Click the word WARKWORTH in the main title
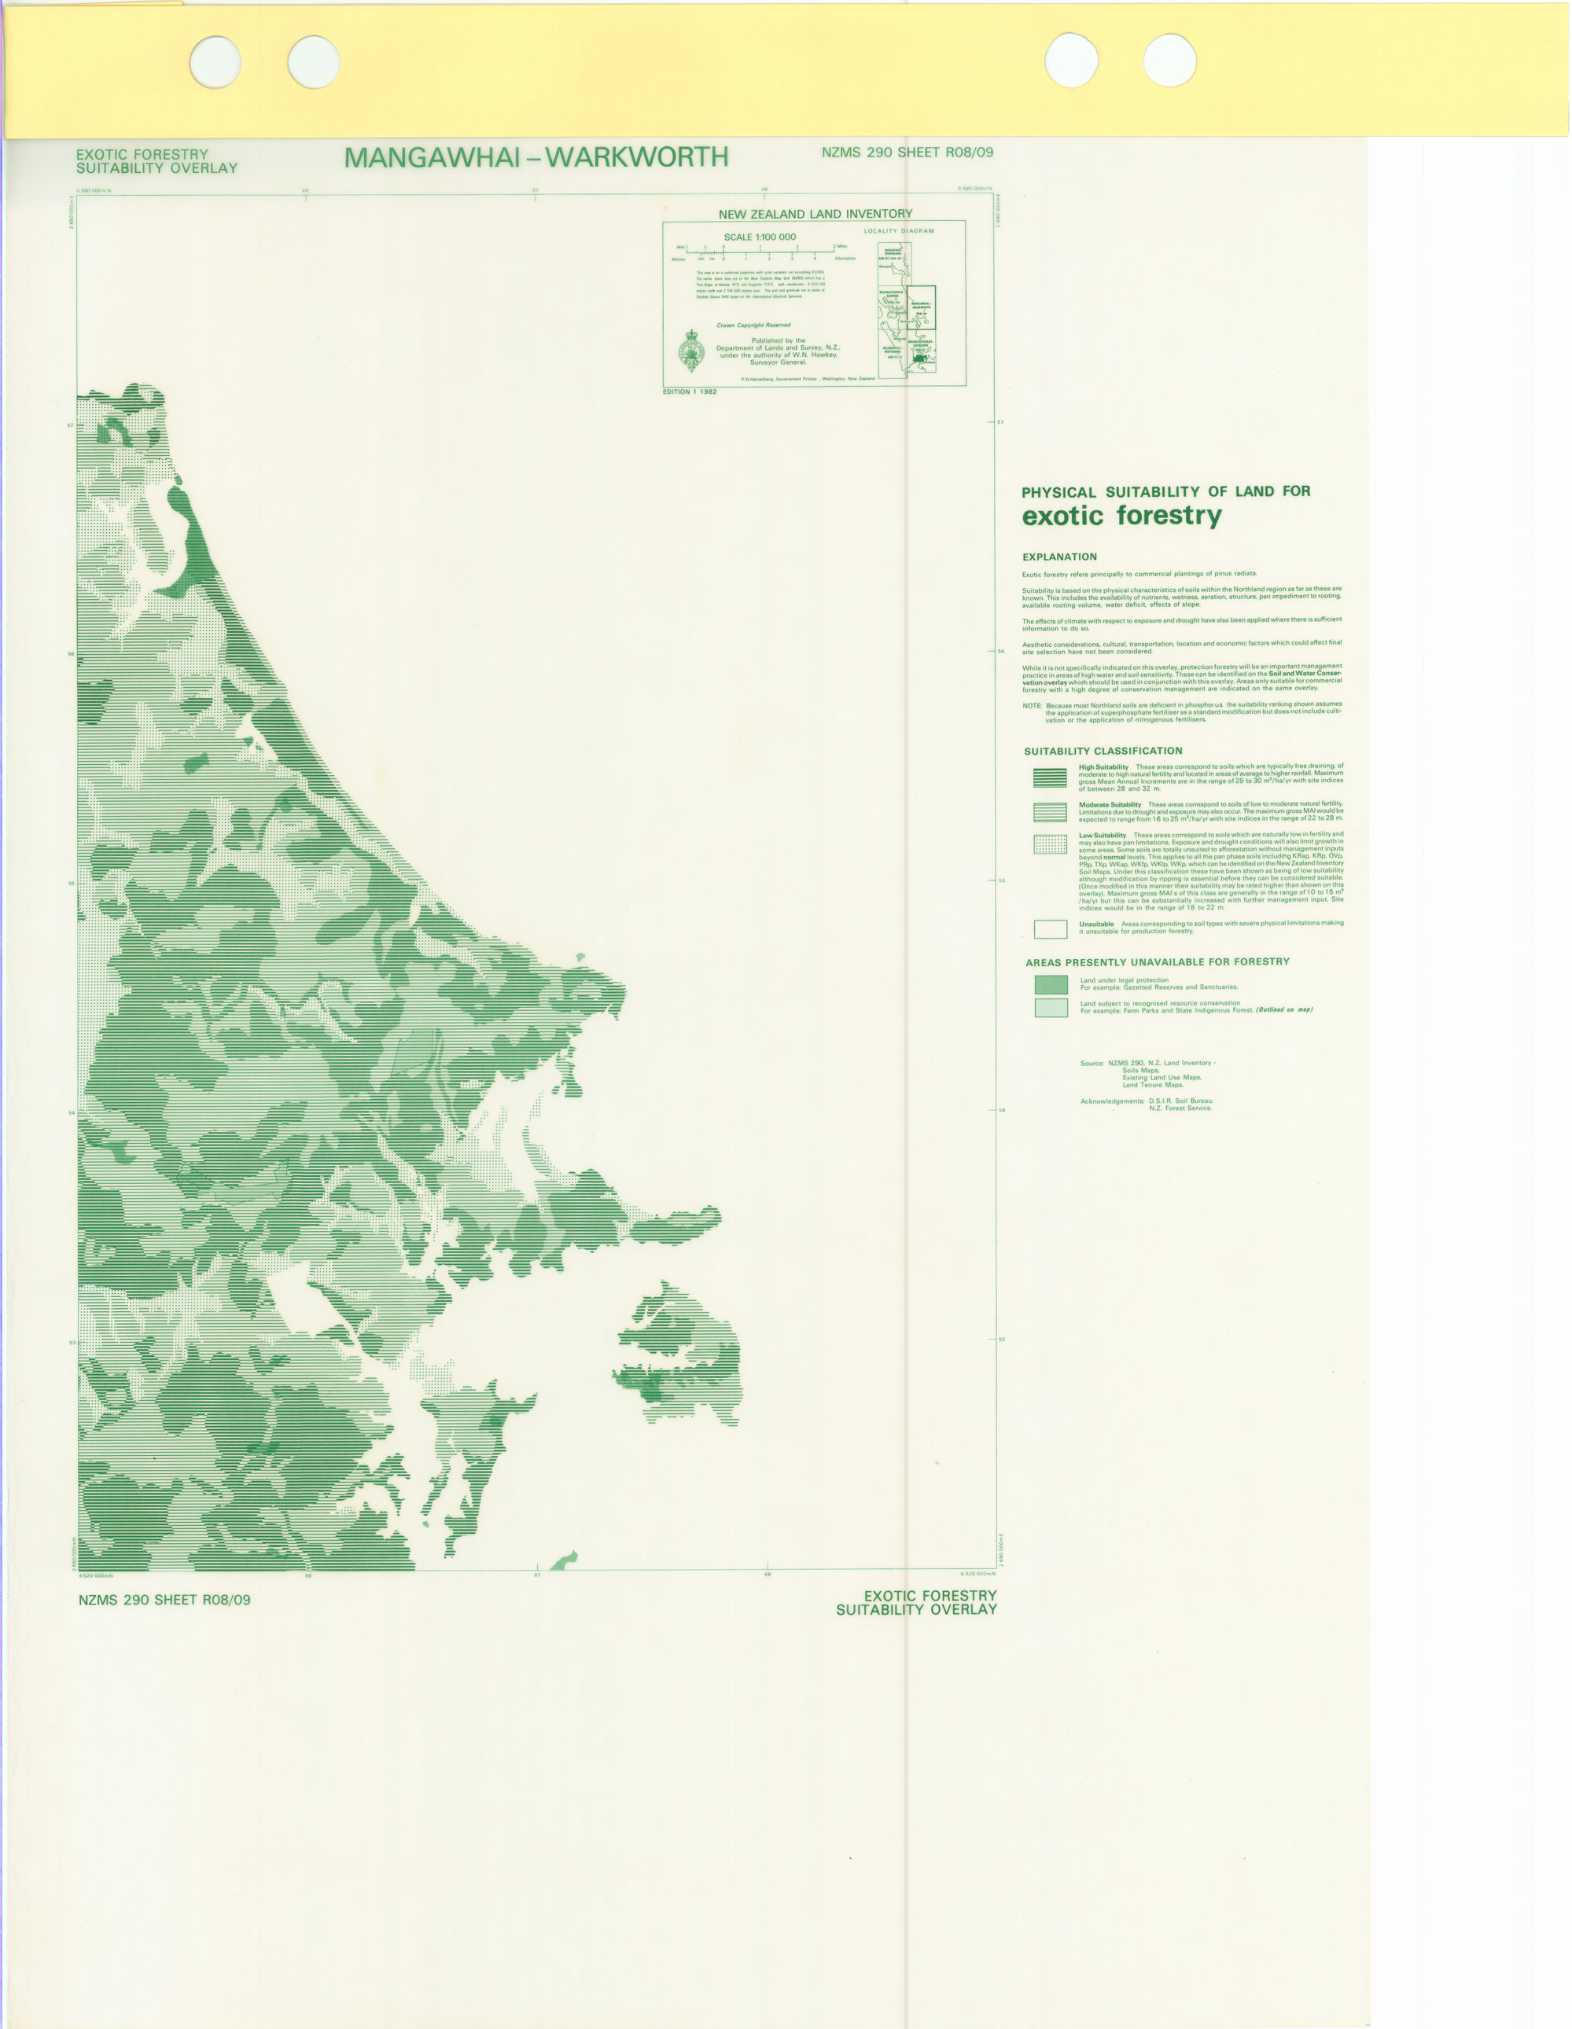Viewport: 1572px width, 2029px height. pyautogui.click(x=636, y=157)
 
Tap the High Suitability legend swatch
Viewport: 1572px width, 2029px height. pyautogui.click(x=1050, y=777)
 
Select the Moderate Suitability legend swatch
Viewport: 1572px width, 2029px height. pyautogui.click(x=1050, y=812)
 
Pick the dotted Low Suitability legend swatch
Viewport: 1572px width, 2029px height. pyautogui.click(x=1050, y=844)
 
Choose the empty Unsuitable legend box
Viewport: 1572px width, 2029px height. pyautogui.click(x=1050, y=928)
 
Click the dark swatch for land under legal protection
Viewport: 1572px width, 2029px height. pyautogui.click(x=1051, y=984)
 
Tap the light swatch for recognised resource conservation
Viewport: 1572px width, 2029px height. pyautogui.click(x=1051, y=1007)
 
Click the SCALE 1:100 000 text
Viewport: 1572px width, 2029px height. pyautogui.click(x=759, y=237)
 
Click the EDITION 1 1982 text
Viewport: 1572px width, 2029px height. pyautogui.click(x=690, y=392)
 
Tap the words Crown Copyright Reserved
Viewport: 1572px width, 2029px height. pyautogui.click(x=753, y=325)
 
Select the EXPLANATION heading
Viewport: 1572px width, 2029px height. pyautogui.click(x=1059, y=557)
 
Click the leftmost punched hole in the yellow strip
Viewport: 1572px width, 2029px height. pyautogui.click(x=215, y=62)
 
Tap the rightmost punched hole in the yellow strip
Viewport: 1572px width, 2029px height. pyautogui.click(x=1169, y=61)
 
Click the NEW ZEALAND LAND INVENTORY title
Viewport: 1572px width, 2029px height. pyautogui.click(x=815, y=214)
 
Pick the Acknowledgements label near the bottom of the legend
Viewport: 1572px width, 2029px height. pyautogui.click(x=1112, y=1101)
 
